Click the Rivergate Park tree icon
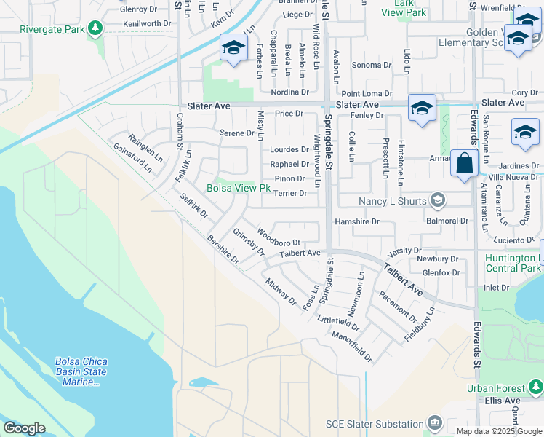coord(95,28)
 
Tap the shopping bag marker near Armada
coord(463,163)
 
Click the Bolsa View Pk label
coord(239,189)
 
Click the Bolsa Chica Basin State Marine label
coord(80,371)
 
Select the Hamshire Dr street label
coord(356,221)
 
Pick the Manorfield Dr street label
coord(351,347)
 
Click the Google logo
coord(24,428)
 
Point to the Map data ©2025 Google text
coord(498,431)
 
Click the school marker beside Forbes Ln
coord(233,48)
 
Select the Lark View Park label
coord(404,7)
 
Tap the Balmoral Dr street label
coord(447,221)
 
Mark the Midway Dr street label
coord(281,291)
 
